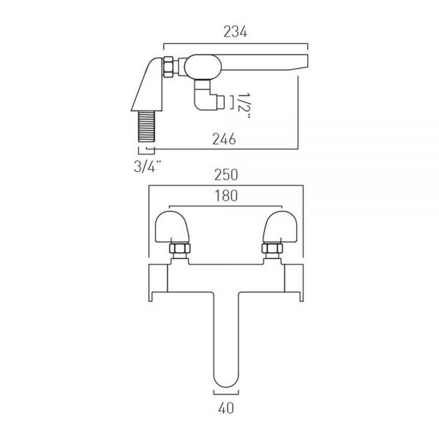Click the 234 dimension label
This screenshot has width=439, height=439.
pos(235,31)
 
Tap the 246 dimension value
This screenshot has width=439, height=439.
pos(224,139)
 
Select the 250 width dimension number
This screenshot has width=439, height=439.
pos(226,175)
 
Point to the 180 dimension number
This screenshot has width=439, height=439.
pos(226,195)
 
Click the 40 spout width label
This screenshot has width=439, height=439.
pos(226,408)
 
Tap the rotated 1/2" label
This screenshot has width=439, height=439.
pos(244,106)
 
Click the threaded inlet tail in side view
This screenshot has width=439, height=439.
pos(147,126)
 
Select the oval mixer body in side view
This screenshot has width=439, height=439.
pos(203,67)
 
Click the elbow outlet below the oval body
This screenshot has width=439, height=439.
pos(209,97)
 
